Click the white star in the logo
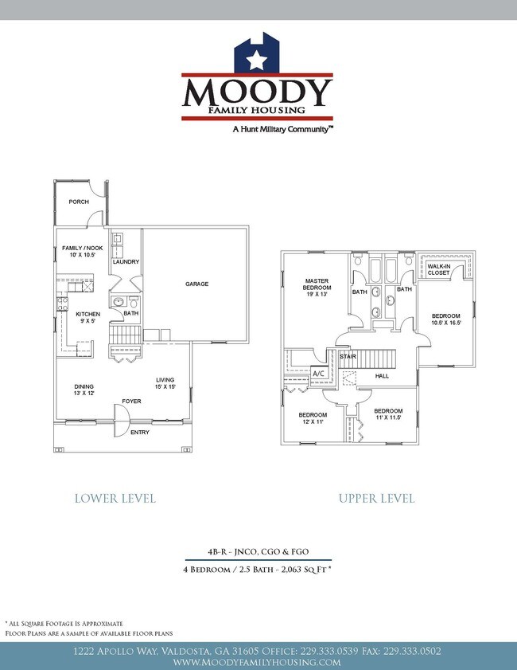[257, 59]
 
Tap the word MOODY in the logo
[257, 92]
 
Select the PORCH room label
[79, 202]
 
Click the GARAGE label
[197, 284]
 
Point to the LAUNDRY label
[126, 261]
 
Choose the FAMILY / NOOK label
[78, 253]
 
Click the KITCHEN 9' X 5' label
[87, 318]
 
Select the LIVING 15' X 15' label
[165, 383]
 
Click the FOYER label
[131, 401]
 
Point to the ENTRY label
[140, 433]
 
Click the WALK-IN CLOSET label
[438, 269]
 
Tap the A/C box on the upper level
[318, 373]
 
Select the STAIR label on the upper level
[348, 357]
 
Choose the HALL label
[382, 375]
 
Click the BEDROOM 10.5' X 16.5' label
[445, 319]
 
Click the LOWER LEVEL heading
[115, 499]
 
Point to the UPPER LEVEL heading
[376, 499]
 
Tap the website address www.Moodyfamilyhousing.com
[257, 662]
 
